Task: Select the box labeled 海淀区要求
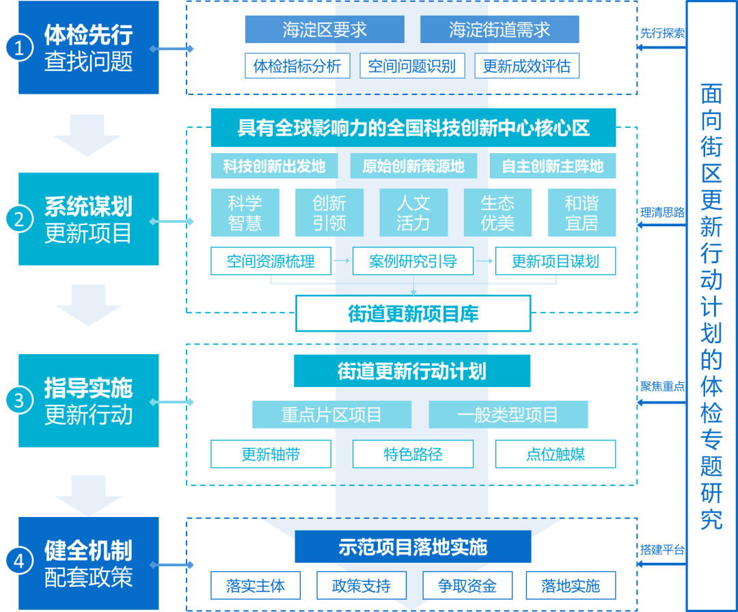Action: (325, 29)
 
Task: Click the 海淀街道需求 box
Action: (500, 29)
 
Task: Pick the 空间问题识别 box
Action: (412, 66)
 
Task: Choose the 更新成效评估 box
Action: (527, 66)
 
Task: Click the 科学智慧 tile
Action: (245, 213)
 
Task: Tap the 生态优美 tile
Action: (497, 213)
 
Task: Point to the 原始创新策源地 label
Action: (413, 166)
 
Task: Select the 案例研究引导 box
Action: (413, 261)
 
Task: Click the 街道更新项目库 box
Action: (413, 314)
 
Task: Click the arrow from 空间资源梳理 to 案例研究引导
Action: (342, 261)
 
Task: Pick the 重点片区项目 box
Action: (331, 414)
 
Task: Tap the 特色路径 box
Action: (413, 454)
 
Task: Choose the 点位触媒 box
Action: (555, 454)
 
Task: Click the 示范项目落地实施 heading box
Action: (413, 547)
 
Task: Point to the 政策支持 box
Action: (361, 586)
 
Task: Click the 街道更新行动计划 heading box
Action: (412, 371)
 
